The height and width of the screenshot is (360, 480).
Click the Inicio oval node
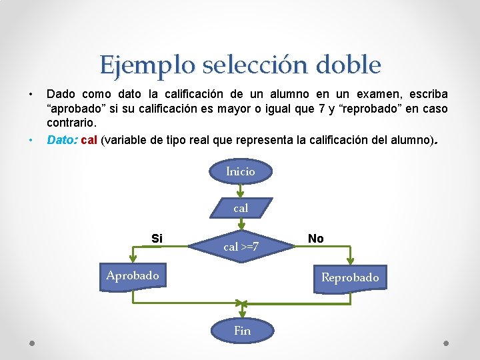241,171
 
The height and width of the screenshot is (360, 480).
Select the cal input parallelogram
241,208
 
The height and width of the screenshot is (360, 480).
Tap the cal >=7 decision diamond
241,247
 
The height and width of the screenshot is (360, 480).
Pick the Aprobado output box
133,275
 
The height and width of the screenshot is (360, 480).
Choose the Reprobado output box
350,277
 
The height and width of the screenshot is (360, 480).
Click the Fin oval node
242,330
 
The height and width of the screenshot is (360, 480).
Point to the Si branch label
157,238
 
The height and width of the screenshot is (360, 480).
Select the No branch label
316,238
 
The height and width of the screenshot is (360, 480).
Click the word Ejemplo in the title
137,65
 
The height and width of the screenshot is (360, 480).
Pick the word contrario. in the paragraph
72,123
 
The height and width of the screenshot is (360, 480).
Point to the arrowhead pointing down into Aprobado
133,263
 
